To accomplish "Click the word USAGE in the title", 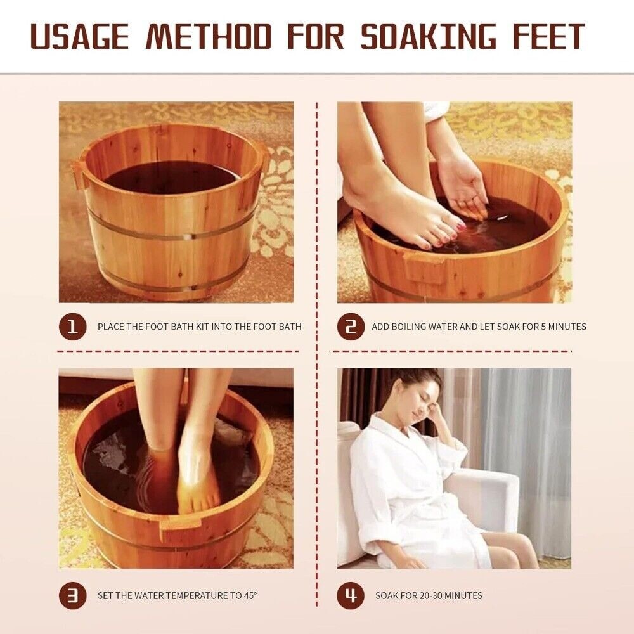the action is point(80,36).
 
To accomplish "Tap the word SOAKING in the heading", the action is point(428,36).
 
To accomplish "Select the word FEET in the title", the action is point(548,36).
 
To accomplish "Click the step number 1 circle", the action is point(73,327).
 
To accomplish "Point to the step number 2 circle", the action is point(351,327).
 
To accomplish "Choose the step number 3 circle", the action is point(73,595).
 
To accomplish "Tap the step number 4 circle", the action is point(351,595).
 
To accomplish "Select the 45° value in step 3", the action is point(250,595).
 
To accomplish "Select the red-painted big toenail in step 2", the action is point(460,224).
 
